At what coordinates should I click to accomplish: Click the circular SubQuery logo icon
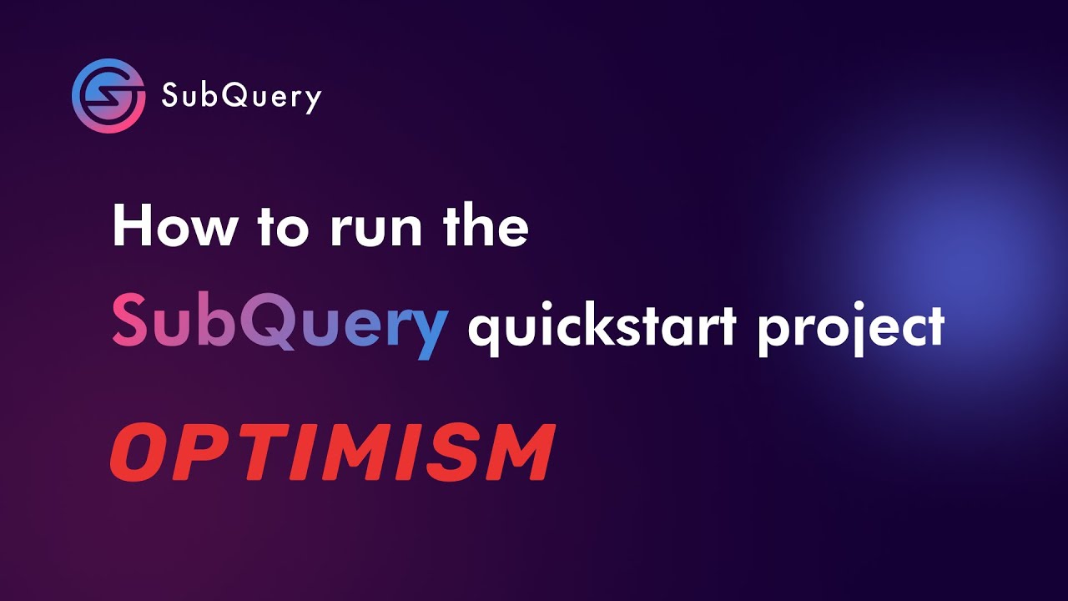click(x=108, y=96)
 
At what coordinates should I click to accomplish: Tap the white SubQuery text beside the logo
click(x=241, y=98)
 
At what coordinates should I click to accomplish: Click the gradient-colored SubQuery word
click(x=280, y=326)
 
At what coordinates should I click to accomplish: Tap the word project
click(x=850, y=330)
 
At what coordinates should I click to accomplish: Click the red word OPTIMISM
click(x=332, y=452)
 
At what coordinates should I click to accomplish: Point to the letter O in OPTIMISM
click(x=138, y=452)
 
